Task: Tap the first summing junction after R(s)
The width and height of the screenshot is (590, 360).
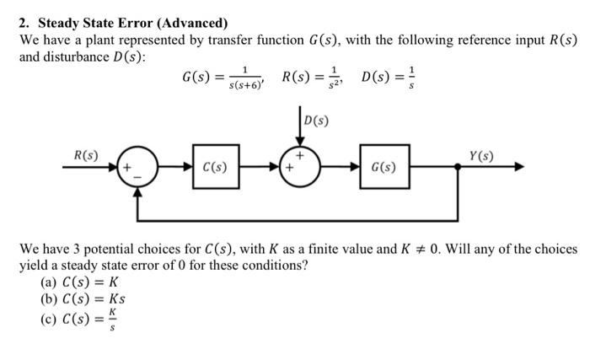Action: click(134, 166)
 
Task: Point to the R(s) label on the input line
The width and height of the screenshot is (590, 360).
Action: click(86, 155)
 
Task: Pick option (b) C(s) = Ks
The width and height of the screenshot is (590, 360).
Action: click(83, 299)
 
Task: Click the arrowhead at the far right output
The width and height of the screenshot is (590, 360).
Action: click(518, 167)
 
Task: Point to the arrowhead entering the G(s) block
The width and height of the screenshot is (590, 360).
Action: click(354, 167)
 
